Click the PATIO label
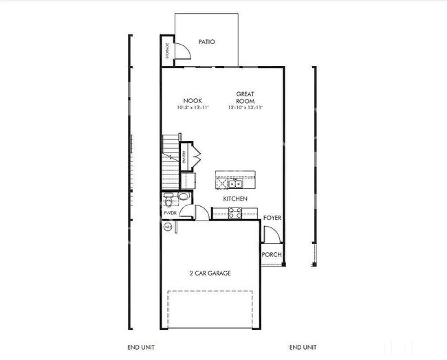206,42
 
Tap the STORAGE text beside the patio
166,50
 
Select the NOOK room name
192,100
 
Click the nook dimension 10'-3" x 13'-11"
192,108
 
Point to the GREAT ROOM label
246,97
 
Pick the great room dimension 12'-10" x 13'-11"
246,108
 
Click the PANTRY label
184,156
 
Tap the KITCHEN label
235,199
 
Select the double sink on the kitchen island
236,183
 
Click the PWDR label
169,213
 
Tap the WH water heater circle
167,226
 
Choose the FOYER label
272,218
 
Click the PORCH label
272,255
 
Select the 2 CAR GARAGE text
210,273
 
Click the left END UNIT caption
142,347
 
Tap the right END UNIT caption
303,347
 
